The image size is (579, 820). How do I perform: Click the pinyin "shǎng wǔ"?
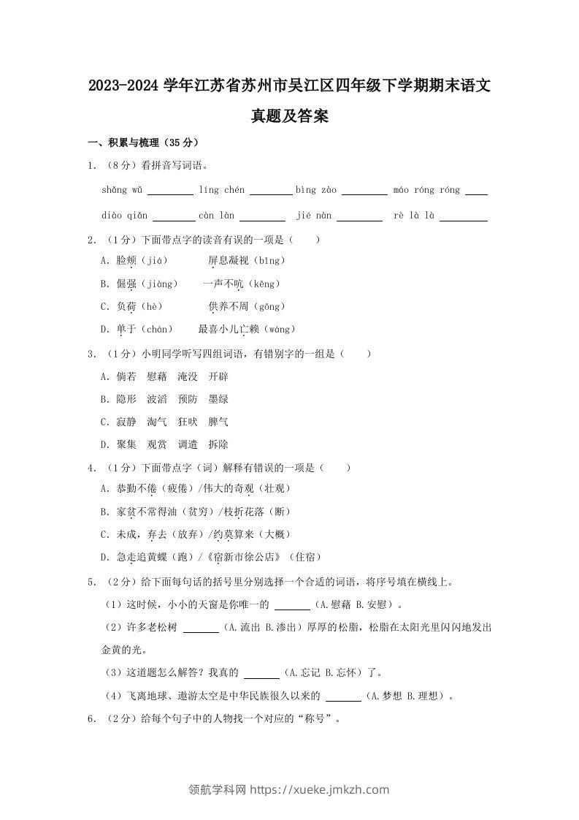click(123, 190)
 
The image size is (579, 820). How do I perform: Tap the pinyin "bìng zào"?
click(316, 190)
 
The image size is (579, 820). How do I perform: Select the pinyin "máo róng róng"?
click(426, 190)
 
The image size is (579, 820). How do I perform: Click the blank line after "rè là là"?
click(464, 218)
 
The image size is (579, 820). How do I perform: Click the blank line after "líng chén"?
click(270, 192)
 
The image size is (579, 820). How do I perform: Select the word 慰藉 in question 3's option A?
click(157, 376)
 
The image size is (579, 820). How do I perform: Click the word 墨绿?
click(218, 399)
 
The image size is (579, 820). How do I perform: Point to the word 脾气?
click(218, 422)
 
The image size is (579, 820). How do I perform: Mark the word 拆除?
click(218, 444)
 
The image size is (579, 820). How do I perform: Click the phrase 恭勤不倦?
click(137, 488)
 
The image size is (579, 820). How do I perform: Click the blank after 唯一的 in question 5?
click(292, 606)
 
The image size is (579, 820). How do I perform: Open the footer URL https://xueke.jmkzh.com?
click(320, 789)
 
